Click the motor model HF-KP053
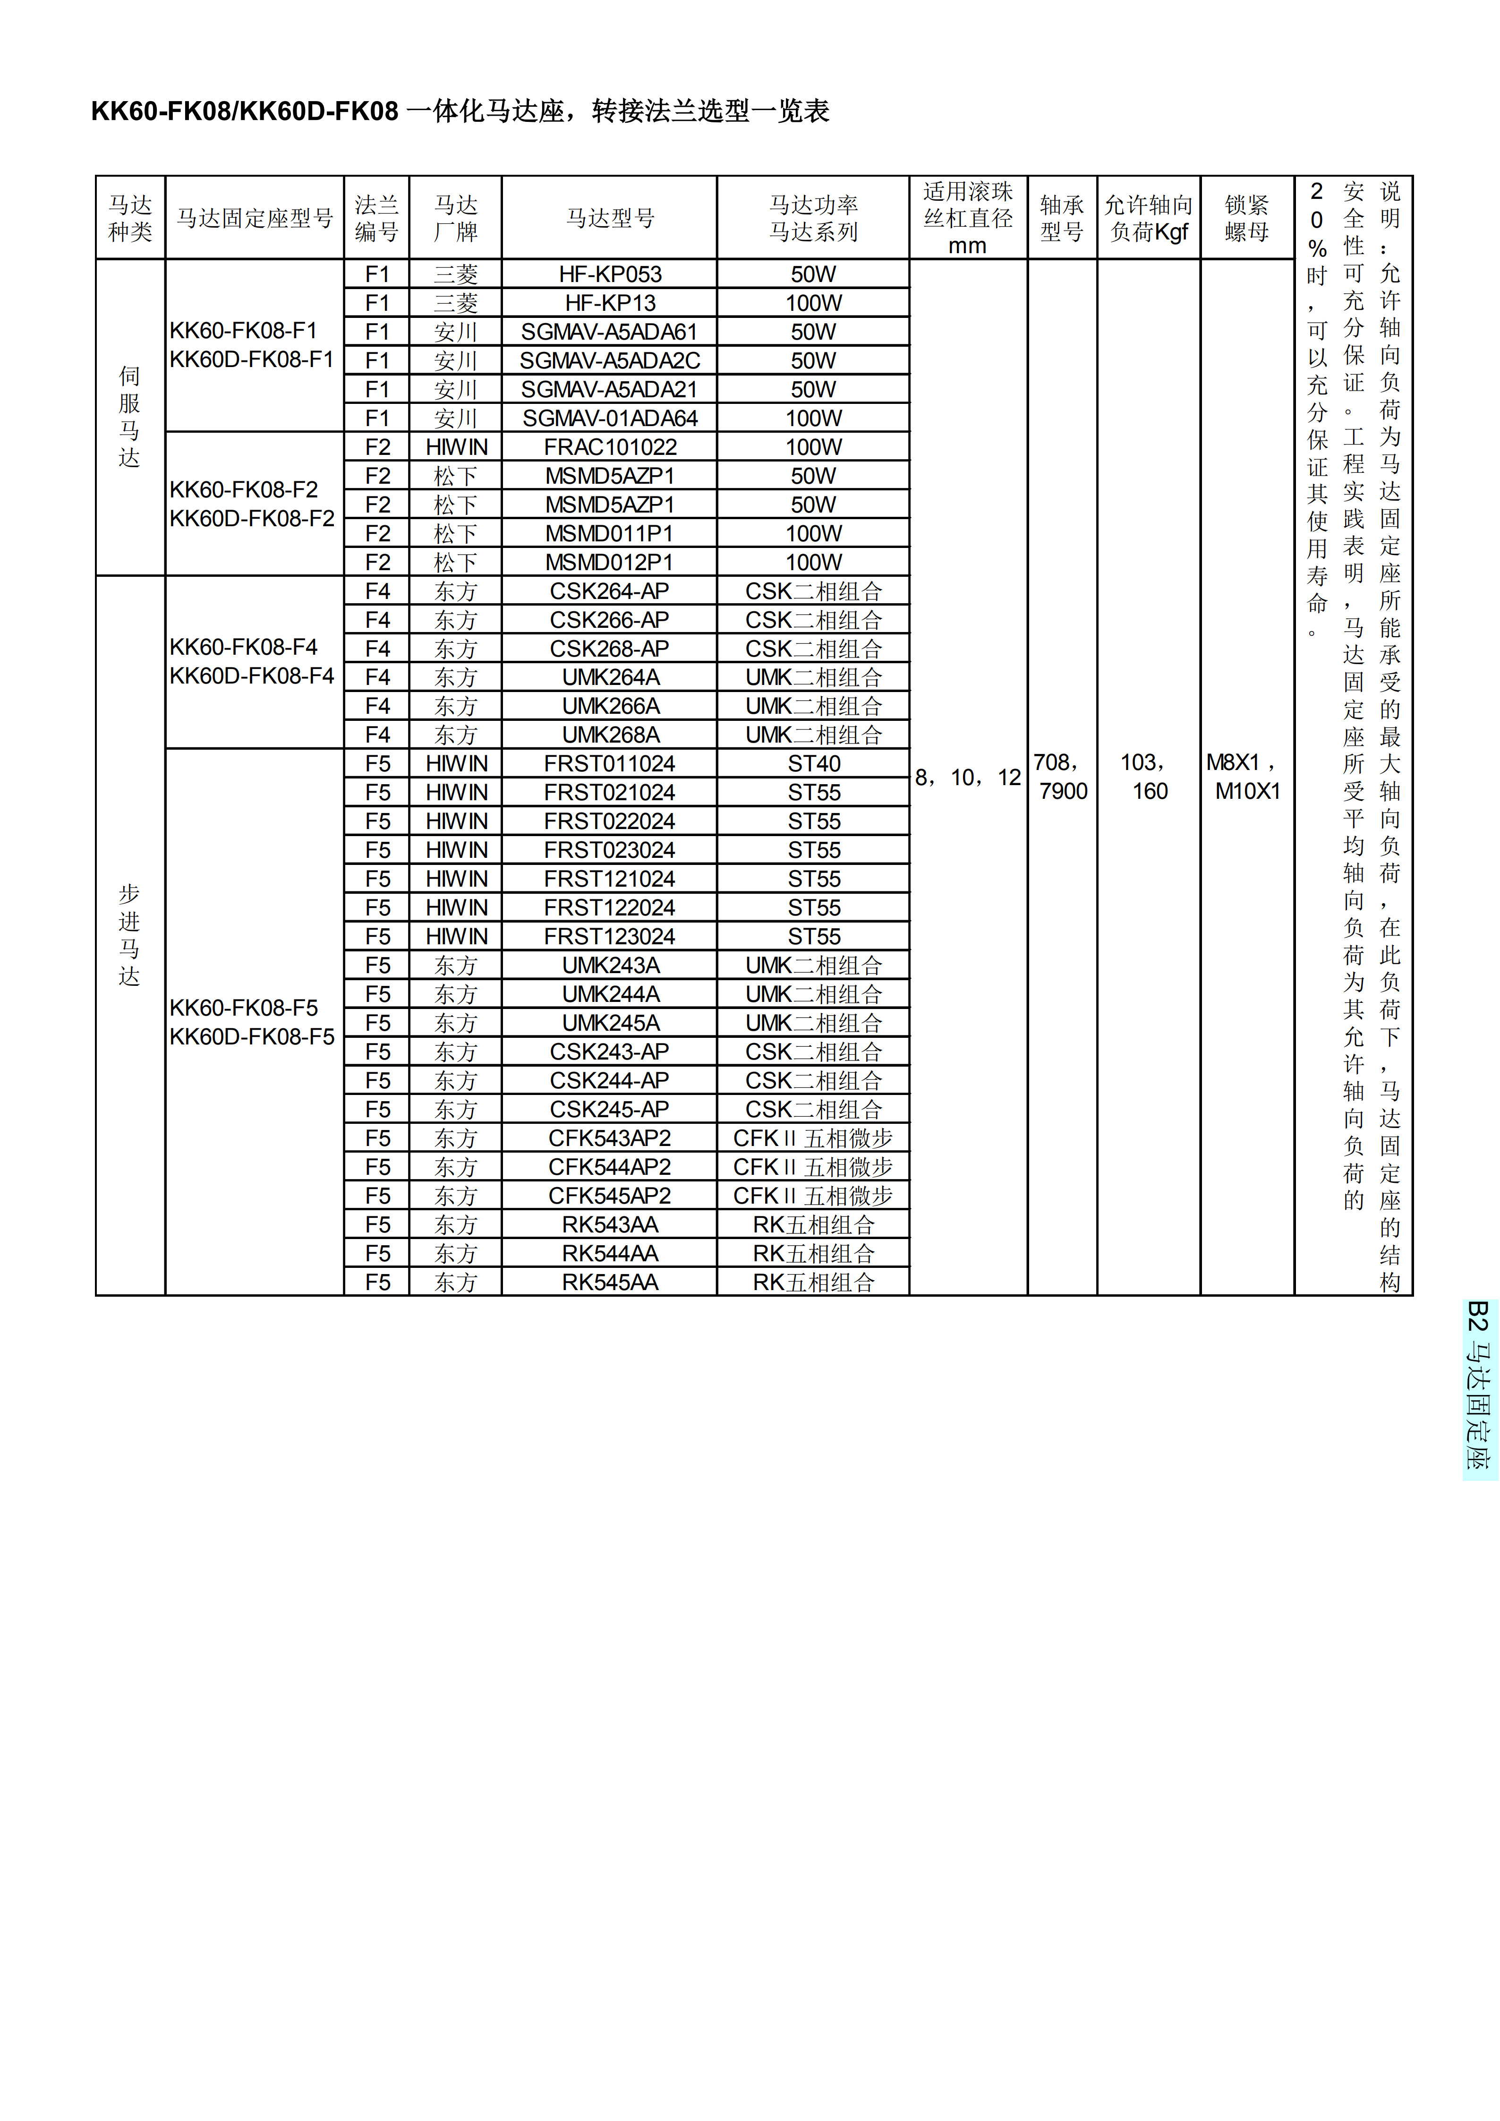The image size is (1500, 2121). pyautogui.click(x=610, y=274)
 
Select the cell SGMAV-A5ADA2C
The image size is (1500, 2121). pyautogui.click(x=610, y=360)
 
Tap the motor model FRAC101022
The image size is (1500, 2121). pyautogui.click(x=610, y=447)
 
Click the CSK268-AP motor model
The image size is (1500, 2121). pyautogui.click(x=610, y=649)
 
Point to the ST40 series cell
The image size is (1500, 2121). pyautogui.click(x=814, y=764)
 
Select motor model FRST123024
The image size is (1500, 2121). pyautogui.click(x=610, y=937)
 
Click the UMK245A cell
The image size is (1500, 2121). pyautogui.click(x=610, y=1023)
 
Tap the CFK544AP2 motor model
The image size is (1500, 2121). pyautogui.click(x=610, y=1167)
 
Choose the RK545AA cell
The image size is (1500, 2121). pyautogui.click(x=610, y=1282)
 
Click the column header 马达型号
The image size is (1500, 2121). pyautogui.click(x=610, y=218)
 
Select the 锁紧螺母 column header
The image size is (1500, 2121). pyautogui.click(x=1247, y=218)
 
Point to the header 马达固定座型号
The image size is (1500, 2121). pyautogui.click(x=254, y=218)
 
